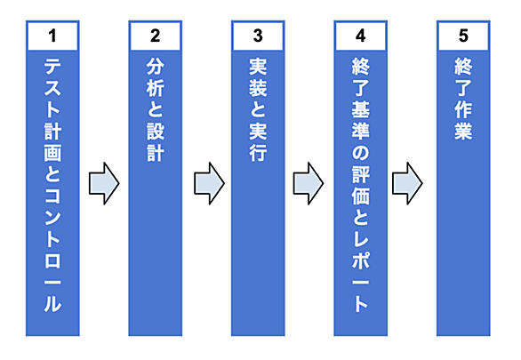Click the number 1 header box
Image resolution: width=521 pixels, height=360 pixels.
click(x=52, y=36)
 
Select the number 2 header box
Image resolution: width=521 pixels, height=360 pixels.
click(x=156, y=36)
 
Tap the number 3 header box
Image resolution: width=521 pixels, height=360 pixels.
click(x=258, y=36)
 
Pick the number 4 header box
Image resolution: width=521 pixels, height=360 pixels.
click(x=360, y=36)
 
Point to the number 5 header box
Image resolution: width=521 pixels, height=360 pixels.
click(x=463, y=36)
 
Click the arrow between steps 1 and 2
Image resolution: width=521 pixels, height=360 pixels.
click(x=104, y=183)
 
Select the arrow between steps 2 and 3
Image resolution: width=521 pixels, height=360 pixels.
click(x=209, y=183)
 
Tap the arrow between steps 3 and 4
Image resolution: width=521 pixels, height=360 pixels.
click(x=309, y=183)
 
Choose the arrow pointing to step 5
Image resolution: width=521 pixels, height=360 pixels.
click(x=407, y=183)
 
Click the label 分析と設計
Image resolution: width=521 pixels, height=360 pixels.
click(x=156, y=110)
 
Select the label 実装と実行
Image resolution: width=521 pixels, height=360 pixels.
click(x=258, y=110)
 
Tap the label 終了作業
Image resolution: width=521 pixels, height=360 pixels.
click(x=463, y=99)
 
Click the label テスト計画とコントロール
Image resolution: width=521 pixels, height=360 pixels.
click(x=52, y=185)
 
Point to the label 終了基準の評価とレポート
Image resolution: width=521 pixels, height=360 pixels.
click(x=360, y=185)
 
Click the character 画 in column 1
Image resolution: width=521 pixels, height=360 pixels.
click(x=52, y=153)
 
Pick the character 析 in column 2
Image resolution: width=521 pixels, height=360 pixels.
click(x=156, y=88)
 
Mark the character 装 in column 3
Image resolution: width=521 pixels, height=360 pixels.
click(x=258, y=88)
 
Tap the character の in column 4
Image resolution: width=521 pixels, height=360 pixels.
click(x=360, y=153)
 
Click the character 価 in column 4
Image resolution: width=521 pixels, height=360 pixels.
click(x=360, y=196)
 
